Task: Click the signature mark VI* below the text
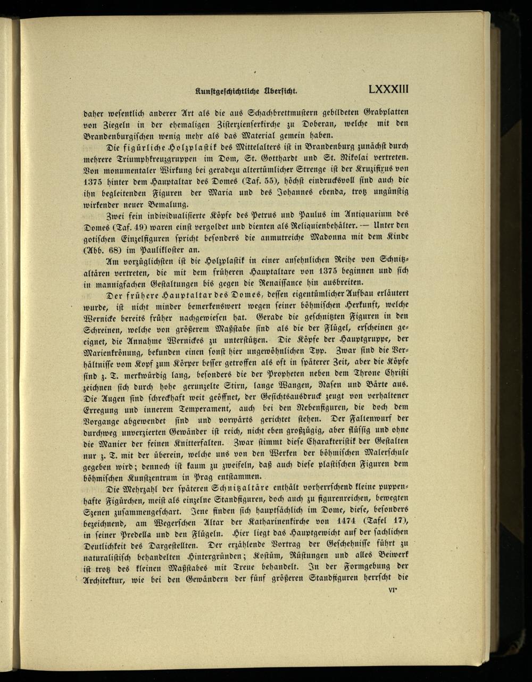click(x=394, y=589)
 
